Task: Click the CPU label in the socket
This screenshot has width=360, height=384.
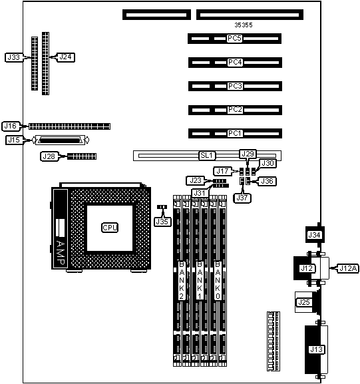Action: click(x=110, y=228)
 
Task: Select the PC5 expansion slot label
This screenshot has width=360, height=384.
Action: click(x=234, y=39)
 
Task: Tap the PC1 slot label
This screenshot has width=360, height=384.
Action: click(x=235, y=134)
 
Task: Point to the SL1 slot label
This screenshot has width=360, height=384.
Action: click(x=207, y=156)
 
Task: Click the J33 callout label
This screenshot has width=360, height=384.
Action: click(x=14, y=57)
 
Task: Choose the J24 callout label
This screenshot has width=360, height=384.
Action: click(x=66, y=57)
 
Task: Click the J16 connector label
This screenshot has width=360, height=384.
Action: click(x=11, y=126)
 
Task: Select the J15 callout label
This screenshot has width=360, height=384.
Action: click(x=14, y=140)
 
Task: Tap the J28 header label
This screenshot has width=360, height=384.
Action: click(x=49, y=156)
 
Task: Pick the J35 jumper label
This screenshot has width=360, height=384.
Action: click(x=162, y=222)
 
